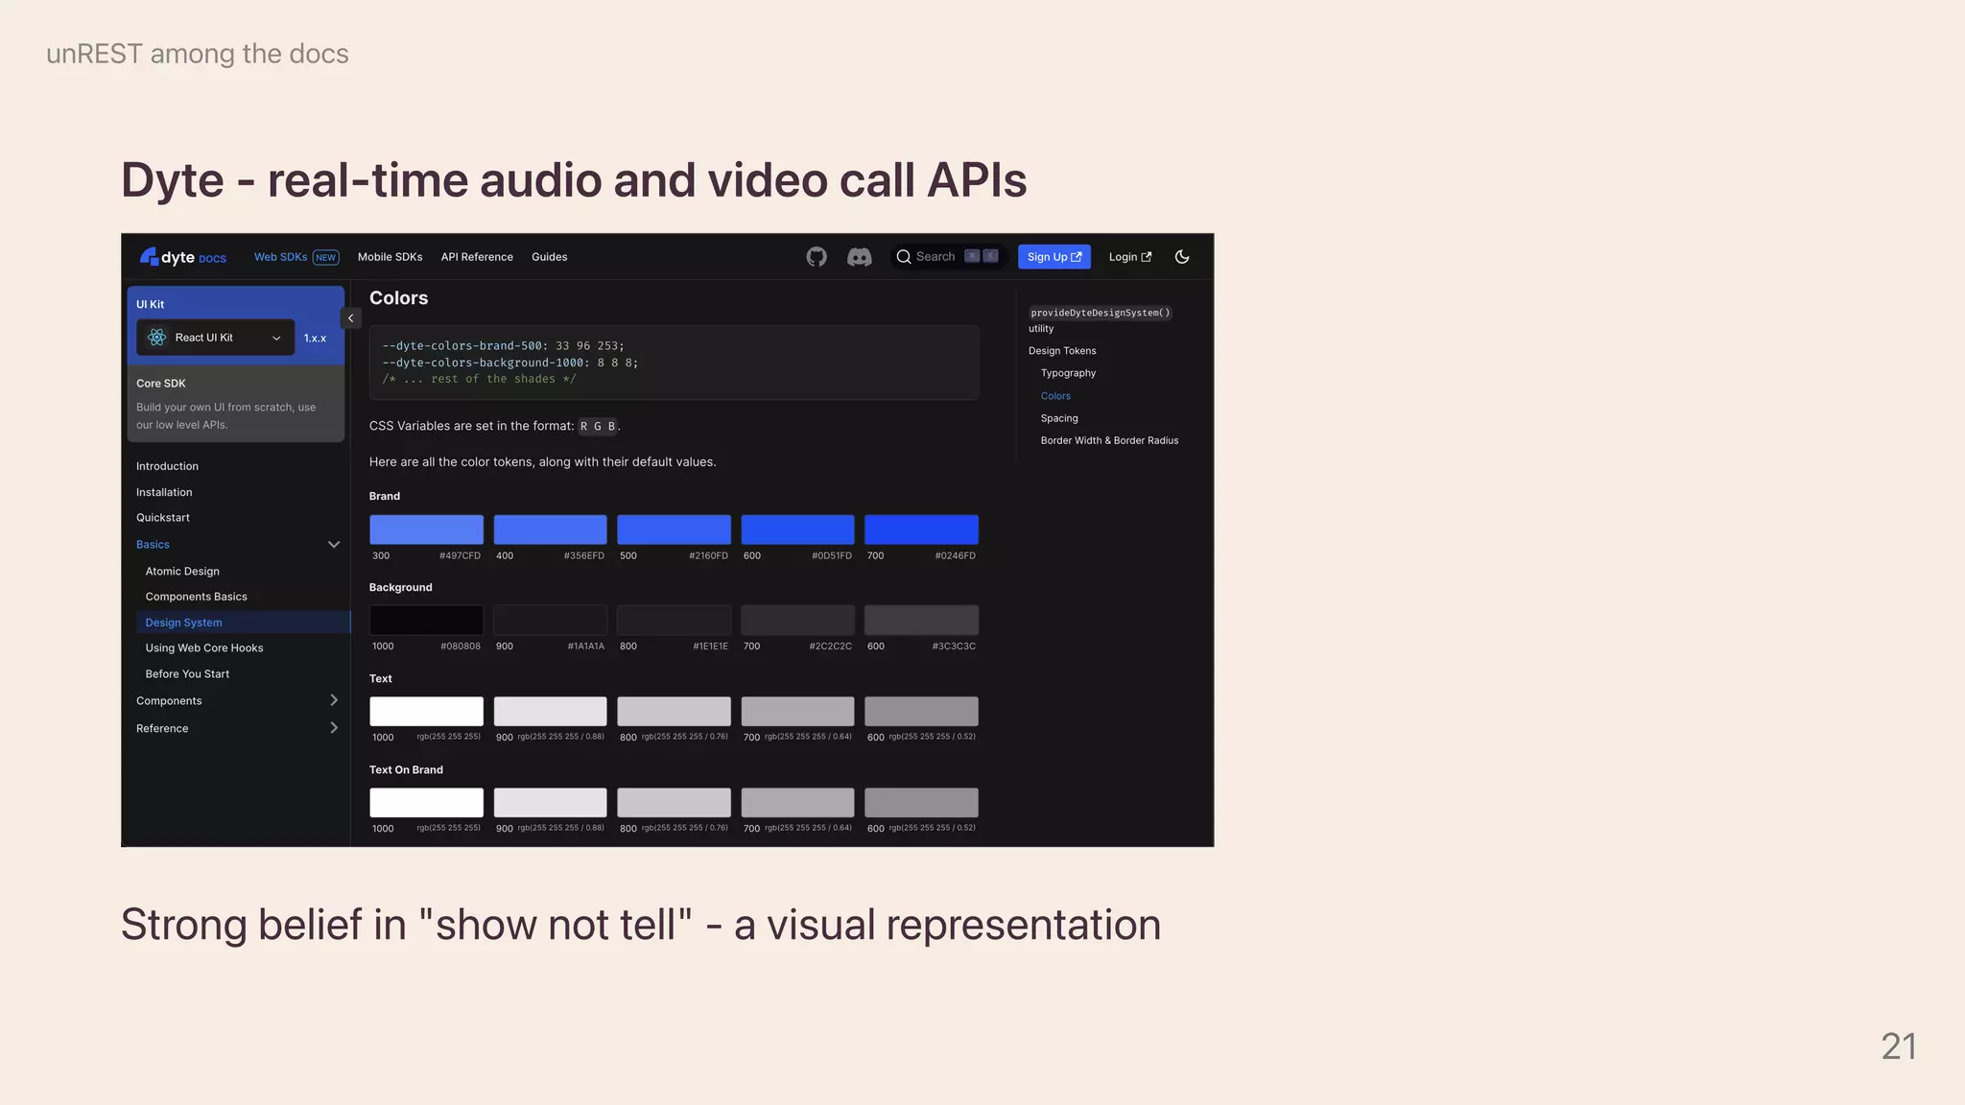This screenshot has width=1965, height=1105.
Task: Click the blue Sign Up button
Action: (x=1054, y=257)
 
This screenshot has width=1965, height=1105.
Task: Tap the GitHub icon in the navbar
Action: (x=817, y=257)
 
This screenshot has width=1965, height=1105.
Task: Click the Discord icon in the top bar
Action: (x=859, y=257)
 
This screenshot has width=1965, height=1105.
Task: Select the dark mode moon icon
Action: (x=1182, y=257)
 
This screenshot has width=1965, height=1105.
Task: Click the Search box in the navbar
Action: (x=946, y=257)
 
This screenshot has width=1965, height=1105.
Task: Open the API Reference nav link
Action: (x=477, y=257)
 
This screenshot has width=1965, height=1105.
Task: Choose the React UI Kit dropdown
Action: (x=216, y=338)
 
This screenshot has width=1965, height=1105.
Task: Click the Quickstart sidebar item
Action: (x=163, y=518)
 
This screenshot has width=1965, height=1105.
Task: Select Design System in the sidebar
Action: (x=184, y=623)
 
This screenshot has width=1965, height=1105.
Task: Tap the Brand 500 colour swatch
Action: (x=674, y=529)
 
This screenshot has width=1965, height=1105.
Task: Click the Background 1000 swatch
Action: (x=426, y=620)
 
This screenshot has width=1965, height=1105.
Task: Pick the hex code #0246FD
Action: (x=955, y=556)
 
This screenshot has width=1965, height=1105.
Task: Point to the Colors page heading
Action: (x=399, y=298)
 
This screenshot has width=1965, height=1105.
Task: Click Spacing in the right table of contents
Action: (x=1059, y=418)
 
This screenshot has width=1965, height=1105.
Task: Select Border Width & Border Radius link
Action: (x=1109, y=441)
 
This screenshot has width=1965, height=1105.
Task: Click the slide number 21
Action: (x=1898, y=1046)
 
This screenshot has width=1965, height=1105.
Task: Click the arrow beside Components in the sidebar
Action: (x=334, y=701)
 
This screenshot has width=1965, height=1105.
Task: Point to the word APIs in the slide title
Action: (x=977, y=180)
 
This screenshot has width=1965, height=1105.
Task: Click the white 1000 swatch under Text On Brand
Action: (x=426, y=803)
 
